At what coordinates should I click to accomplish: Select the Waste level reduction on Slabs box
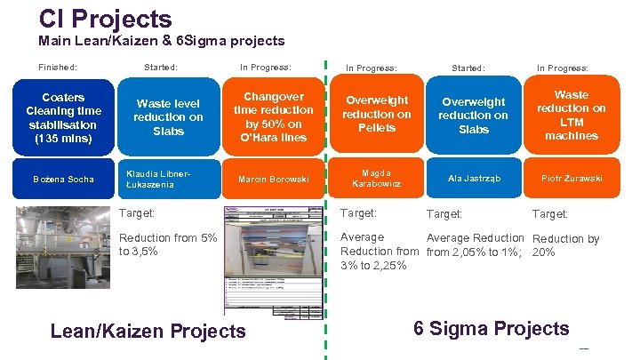coord(168,117)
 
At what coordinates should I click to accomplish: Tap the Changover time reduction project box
coord(274,117)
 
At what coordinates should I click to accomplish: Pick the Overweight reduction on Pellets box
coord(377,115)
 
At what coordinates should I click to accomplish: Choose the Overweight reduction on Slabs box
coord(473,116)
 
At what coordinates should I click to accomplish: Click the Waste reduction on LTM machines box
coord(572,116)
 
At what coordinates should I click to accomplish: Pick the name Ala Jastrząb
coord(474,179)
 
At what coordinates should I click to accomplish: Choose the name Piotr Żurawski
coord(572,179)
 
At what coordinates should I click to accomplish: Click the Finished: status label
coord(58,67)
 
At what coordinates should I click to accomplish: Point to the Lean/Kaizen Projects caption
coord(148,332)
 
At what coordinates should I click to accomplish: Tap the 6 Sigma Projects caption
coord(492,328)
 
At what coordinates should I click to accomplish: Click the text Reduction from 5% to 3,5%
coord(168,244)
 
